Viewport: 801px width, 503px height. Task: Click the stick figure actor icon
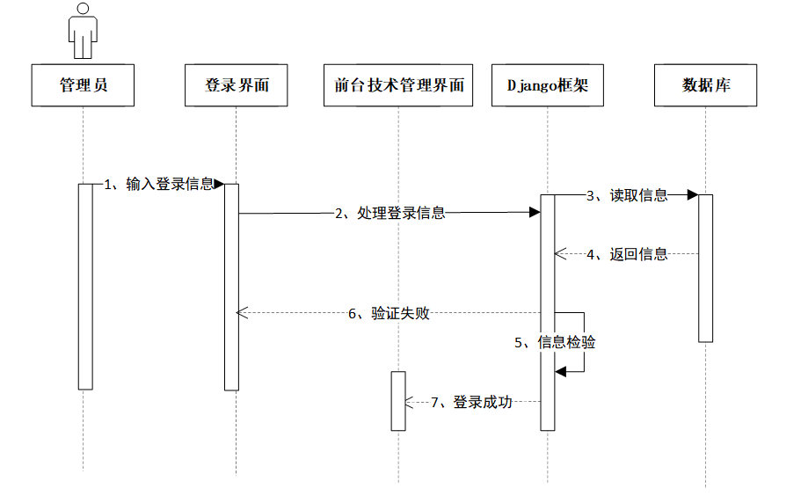tap(84, 32)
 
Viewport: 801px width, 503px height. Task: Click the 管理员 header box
tap(84, 85)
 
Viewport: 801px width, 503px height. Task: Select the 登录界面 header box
tap(237, 85)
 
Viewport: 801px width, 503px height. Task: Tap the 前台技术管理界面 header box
tap(398, 85)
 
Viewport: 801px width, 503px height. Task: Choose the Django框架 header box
tap(547, 85)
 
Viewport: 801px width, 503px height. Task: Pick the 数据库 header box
tap(705, 85)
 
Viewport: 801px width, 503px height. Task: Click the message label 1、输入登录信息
tap(159, 185)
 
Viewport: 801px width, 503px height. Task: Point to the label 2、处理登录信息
tap(390, 213)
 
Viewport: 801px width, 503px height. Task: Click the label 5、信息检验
tap(555, 343)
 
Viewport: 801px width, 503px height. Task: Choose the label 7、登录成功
tap(471, 402)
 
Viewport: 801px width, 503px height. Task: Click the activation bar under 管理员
tap(84, 286)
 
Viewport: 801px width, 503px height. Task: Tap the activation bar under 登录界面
tap(231, 286)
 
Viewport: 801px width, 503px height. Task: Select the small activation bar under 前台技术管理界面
tap(398, 401)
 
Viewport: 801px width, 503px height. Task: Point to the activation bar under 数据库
tap(705, 268)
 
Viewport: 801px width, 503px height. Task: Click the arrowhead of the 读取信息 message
tap(692, 195)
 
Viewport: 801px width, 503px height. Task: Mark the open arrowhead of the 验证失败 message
tap(243, 313)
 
